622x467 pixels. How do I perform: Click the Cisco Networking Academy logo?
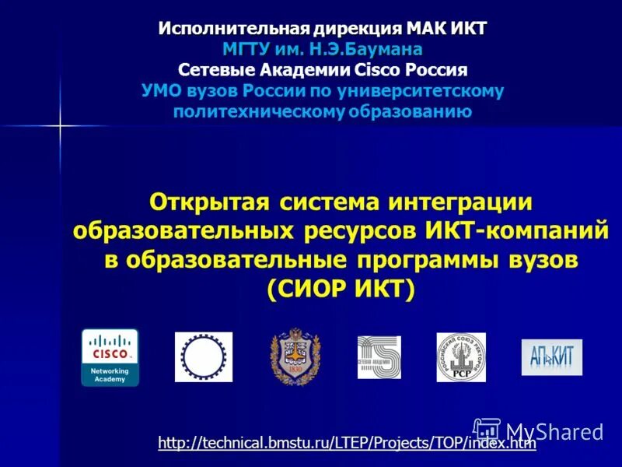click(110, 357)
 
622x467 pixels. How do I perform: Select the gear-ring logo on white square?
click(203, 356)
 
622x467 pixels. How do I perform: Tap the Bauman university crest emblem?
click(295, 356)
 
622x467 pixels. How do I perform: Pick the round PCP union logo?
click(461, 357)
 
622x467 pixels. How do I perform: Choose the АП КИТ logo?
click(551, 357)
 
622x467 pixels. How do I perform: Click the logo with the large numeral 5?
click(379, 357)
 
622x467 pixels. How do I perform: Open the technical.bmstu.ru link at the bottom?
click(347, 444)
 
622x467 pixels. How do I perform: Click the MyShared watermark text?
click(554, 430)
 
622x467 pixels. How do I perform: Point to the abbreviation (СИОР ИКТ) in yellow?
click(341, 289)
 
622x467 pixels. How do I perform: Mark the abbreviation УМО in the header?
click(162, 91)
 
